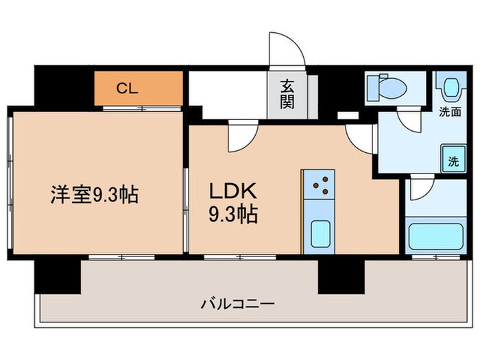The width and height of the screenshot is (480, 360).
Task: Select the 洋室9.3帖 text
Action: tap(94, 195)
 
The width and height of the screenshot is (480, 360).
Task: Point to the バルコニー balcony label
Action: tap(238, 302)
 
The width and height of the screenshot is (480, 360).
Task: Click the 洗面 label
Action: tap(451, 110)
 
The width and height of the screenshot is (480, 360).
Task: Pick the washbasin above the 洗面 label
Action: tap(451, 88)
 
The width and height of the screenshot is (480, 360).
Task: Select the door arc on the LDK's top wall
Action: tap(241, 136)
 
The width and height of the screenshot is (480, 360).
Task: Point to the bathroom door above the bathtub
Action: tap(420, 189)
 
